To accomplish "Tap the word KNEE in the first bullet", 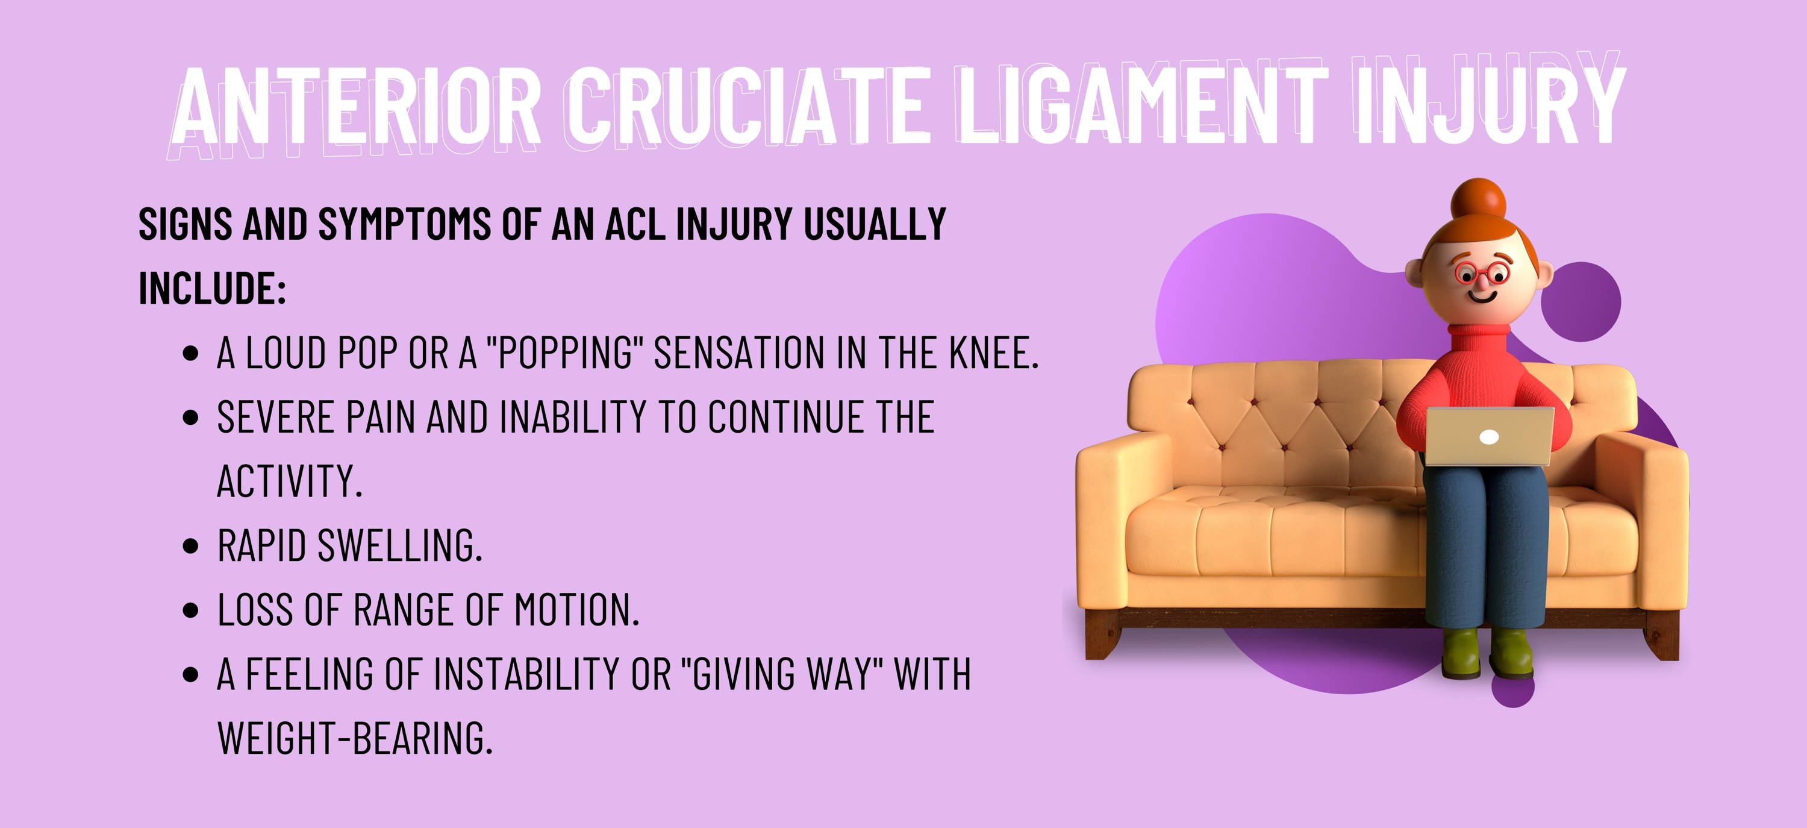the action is [993, 353].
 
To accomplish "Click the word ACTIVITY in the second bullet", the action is [289, 481].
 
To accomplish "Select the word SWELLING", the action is [400, 546].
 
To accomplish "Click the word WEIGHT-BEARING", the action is [355, 738].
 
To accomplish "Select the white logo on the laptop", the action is [1488, 437].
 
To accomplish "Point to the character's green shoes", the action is [1487, 653].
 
